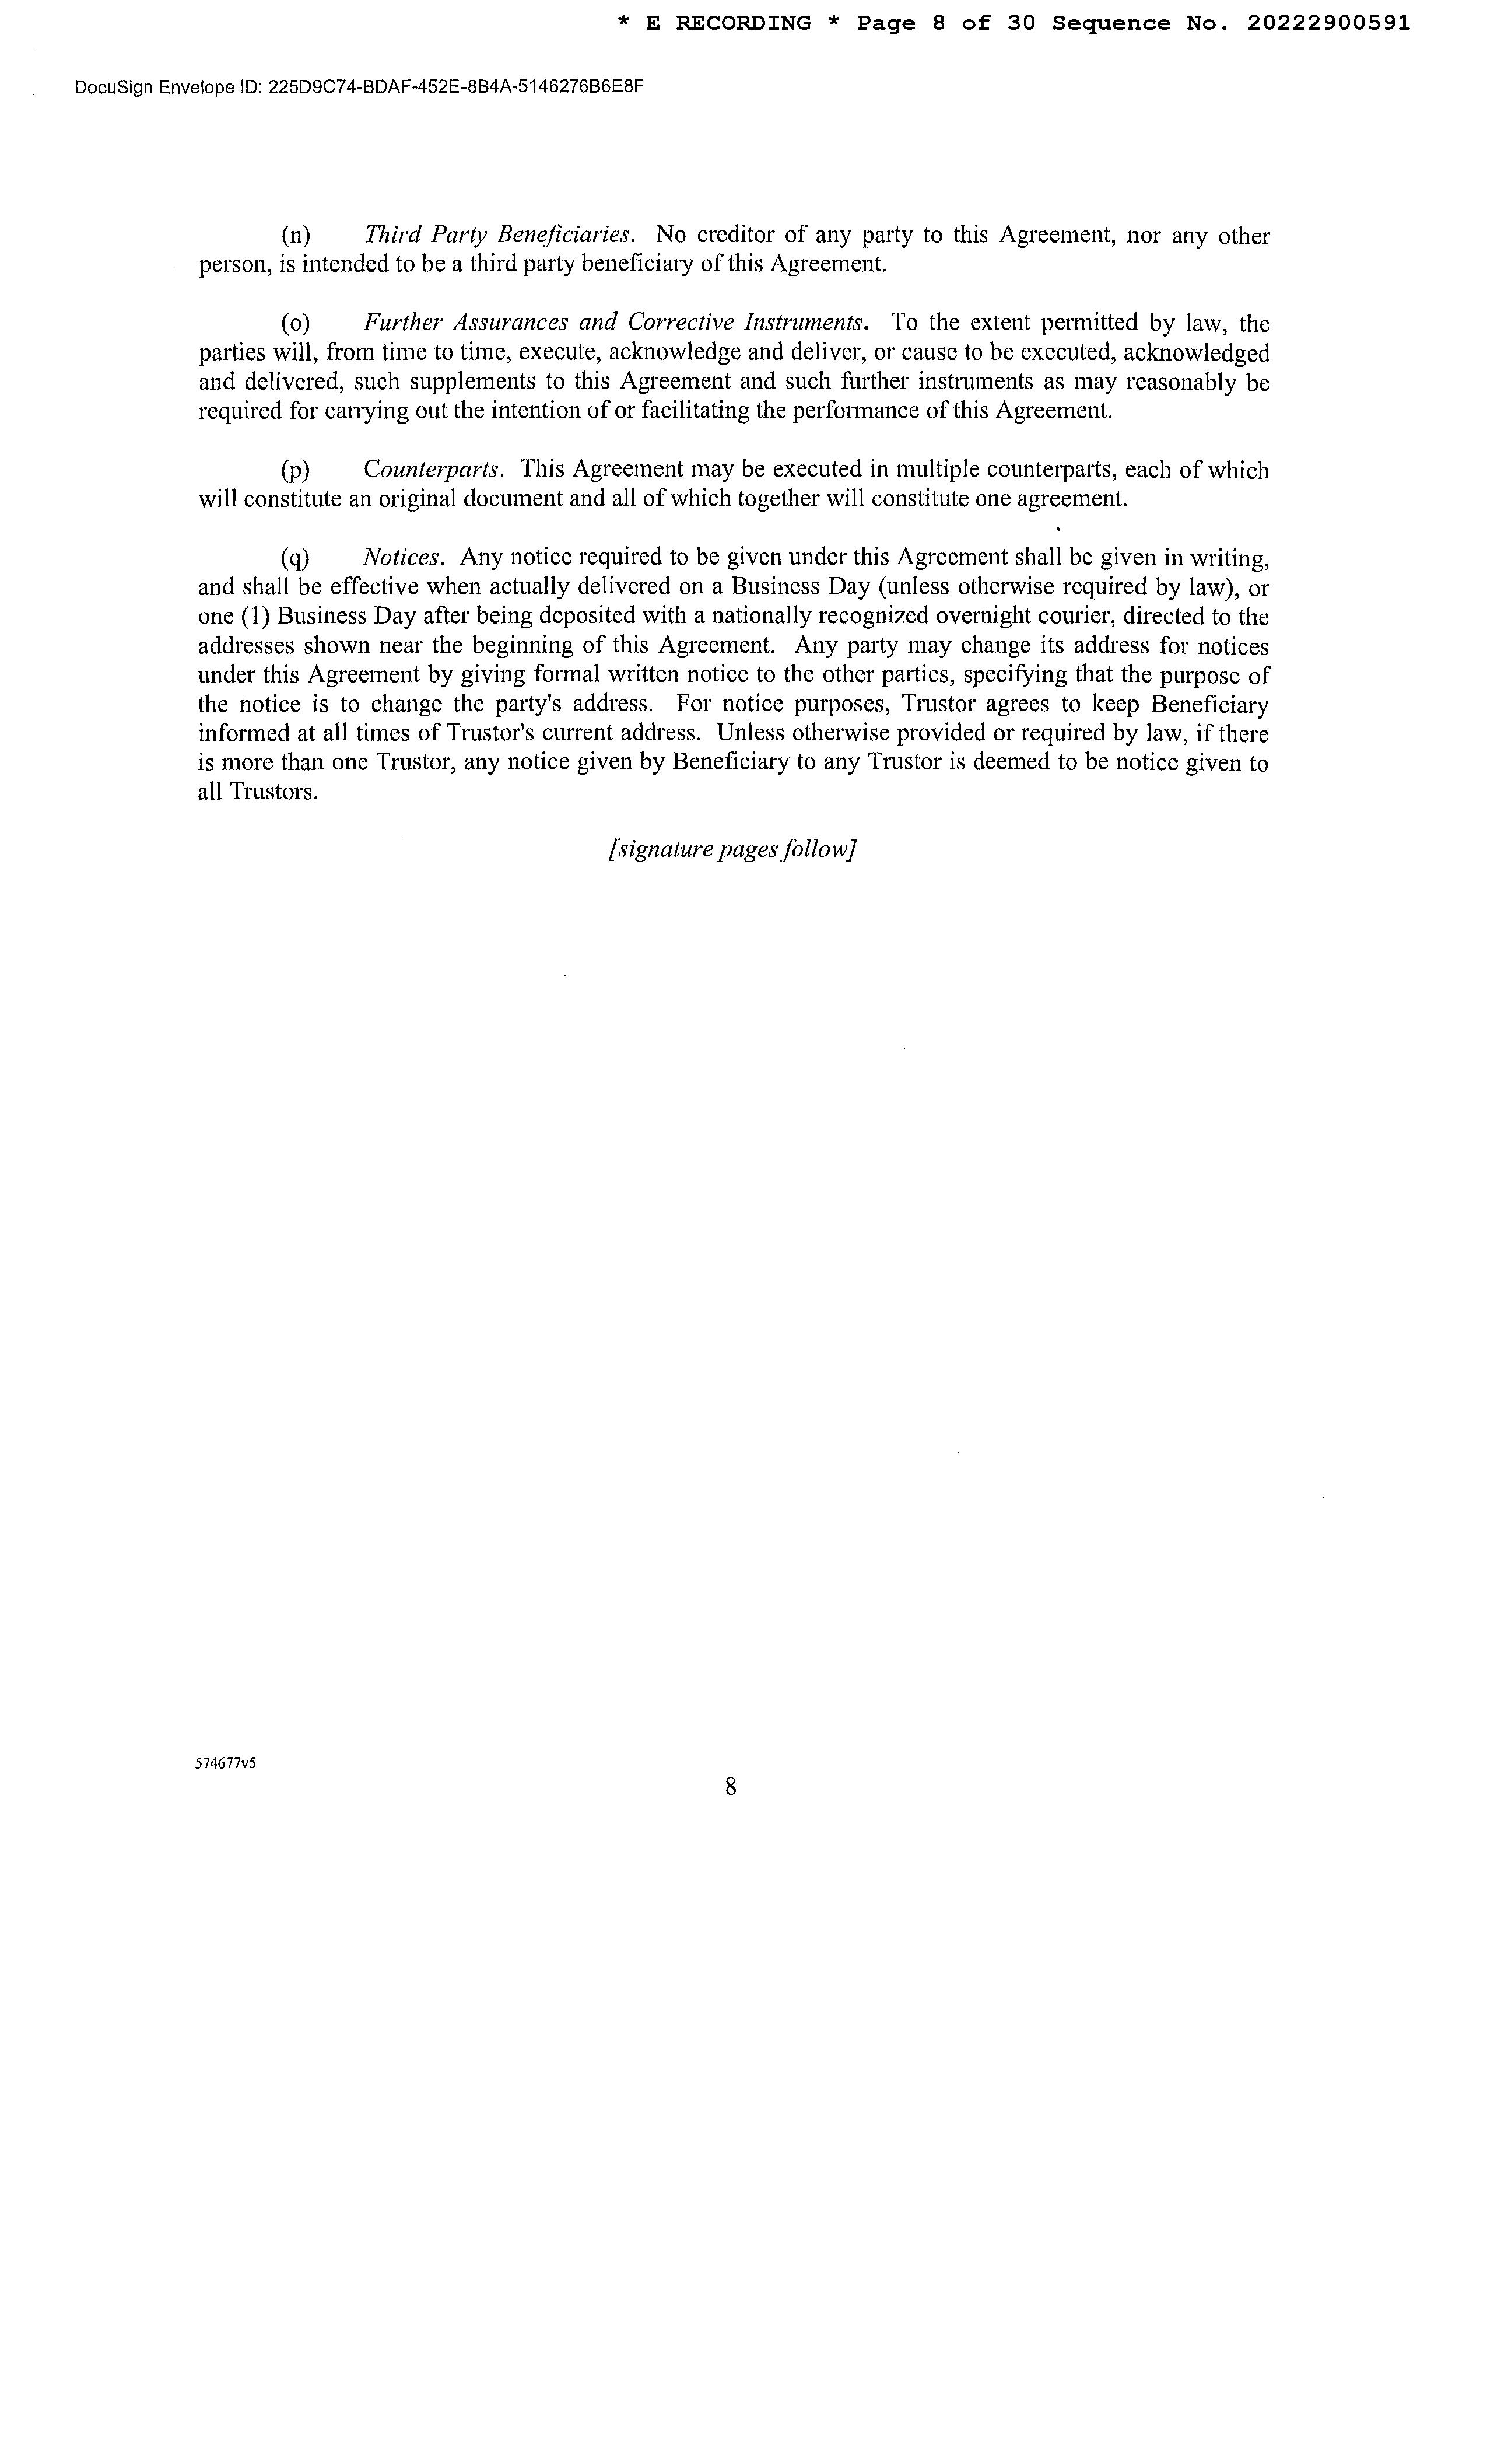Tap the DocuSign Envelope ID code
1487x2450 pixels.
[456, 87]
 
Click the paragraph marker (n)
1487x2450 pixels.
[296, 236]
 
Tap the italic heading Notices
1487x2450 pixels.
[402, 557]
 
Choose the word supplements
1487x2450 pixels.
[473, 382]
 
